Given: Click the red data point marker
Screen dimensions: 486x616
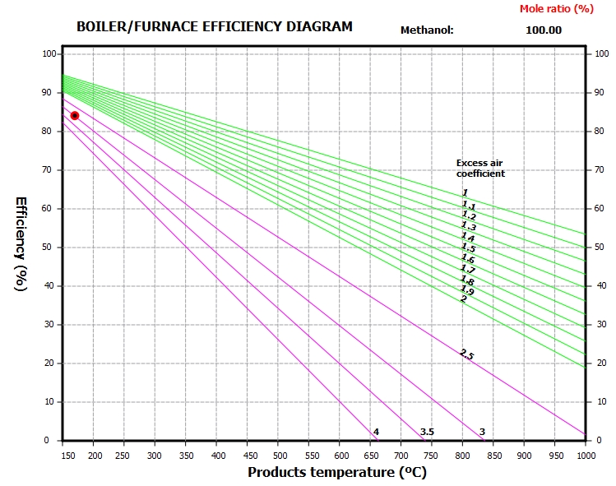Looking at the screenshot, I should (x=75, y=115).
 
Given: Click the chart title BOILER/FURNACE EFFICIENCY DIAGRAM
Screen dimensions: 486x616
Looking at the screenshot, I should (x=214, y=26).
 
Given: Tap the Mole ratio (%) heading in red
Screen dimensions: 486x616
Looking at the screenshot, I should (x=556, y=8).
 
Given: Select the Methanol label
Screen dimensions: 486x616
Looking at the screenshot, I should (x=427, y=30).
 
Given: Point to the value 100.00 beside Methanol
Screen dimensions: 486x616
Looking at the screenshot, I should (x=543, y=30).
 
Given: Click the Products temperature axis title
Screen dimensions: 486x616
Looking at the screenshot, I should (x=337, y=472).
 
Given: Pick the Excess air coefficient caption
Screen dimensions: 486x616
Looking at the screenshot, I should (x=480, y=169).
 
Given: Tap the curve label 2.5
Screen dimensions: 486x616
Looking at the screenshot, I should (x=466, y=354).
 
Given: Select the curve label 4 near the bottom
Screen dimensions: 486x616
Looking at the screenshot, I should (x=376, y=432).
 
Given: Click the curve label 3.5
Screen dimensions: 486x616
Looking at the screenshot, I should (x=427, y=432).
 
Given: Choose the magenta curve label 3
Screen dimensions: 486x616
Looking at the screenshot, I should (x=482, y=432).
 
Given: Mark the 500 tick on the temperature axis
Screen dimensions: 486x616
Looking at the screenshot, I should (x=278, y=456).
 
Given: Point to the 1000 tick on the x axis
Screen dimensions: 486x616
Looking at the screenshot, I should (x=584, y=456).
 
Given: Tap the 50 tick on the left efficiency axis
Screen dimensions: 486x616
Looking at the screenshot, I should (x=49, y=247).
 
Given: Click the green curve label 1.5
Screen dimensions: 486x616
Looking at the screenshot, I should (x=468, y=248).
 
